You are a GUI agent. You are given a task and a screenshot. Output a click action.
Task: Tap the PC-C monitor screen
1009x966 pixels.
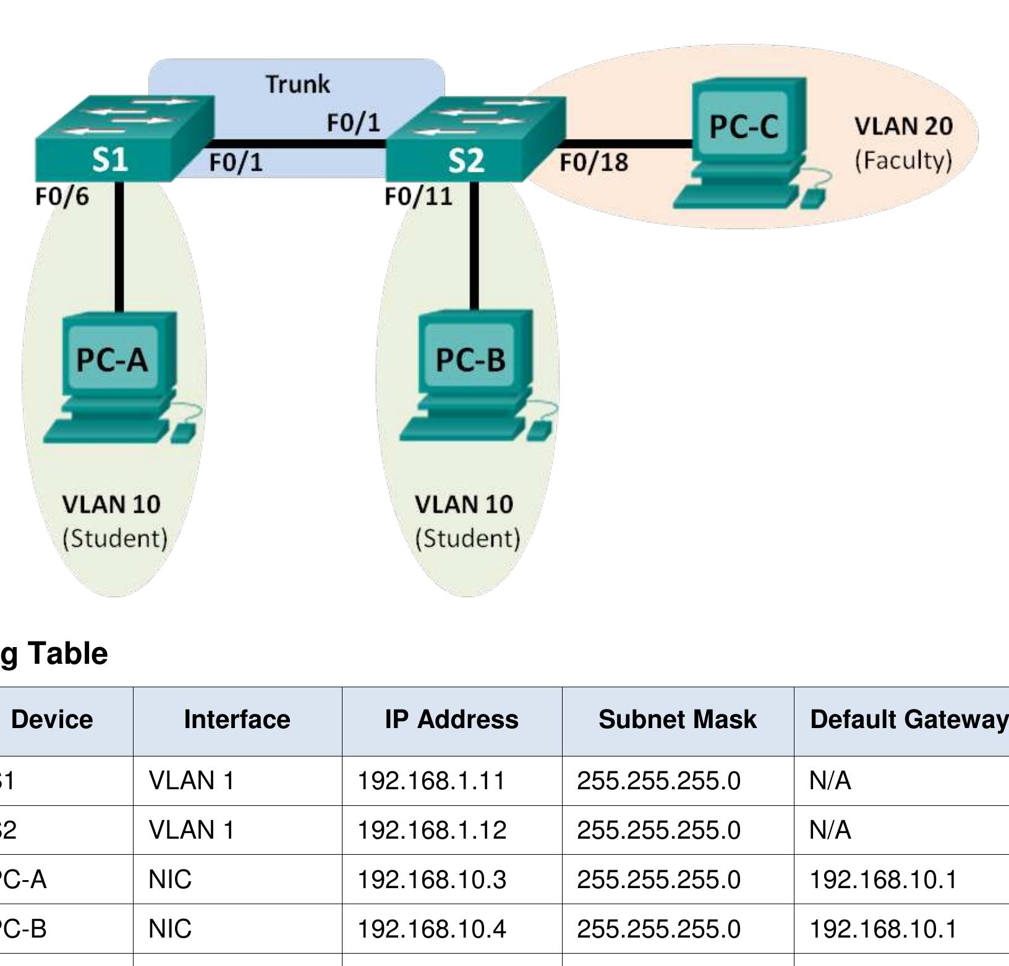tap(744, 126)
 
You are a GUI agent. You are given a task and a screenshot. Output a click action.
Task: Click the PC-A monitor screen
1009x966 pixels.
tap(112, 358)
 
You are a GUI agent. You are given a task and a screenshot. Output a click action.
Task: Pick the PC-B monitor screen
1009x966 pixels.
tap(470, 358)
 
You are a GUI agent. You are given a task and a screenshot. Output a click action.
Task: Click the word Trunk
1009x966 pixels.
tap(297, 84)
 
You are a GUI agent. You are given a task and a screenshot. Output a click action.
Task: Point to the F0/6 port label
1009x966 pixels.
tap(62, 197)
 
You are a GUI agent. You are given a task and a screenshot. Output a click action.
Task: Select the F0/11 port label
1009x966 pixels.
tap(419, 197)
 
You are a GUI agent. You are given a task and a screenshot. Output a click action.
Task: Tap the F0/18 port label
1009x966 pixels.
tap(594, 162)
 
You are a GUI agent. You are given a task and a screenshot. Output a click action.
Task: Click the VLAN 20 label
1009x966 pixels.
tap(903, 126)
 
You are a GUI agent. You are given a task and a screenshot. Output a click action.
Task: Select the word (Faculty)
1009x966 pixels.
tap(903, 160)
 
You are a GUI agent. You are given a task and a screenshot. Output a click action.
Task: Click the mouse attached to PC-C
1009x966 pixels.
tap(814, 199)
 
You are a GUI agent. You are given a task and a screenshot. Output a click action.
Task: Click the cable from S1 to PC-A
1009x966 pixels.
tap(119, 247)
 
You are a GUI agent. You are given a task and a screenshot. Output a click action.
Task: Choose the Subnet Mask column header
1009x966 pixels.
tap(677, 719)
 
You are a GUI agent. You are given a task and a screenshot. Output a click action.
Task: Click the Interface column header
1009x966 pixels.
tap(237, 719)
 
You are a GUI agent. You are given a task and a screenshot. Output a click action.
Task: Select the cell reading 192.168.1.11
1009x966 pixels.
tap(431, 781)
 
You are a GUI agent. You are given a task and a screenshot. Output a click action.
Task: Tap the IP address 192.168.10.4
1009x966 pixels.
tap(432, 928)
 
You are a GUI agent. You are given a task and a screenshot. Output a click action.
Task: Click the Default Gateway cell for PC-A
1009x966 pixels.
tap(883, 879)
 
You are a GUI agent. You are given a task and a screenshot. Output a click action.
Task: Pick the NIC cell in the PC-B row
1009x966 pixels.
tap(170, 928)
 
